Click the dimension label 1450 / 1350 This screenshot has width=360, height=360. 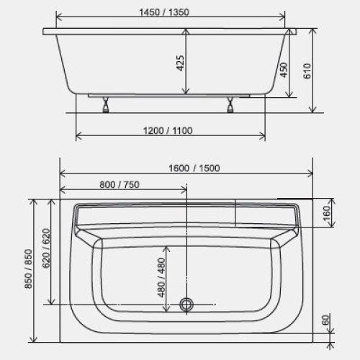[x=164, y=12]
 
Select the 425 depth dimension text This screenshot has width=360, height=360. [x=180, y=63]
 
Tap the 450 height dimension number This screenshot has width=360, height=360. [x=284, y=70]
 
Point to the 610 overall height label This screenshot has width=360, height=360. [x=307, y=71]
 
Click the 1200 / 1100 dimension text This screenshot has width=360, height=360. [x=168, y=131]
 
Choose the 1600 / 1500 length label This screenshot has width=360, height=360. [x=194, y=168]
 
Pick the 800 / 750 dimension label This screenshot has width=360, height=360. [x=120, y=184]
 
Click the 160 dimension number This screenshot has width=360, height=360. [x=327, y=213]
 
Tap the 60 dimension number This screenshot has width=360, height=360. [x=325, y=320]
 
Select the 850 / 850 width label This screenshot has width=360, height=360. [x=28, y=269]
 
